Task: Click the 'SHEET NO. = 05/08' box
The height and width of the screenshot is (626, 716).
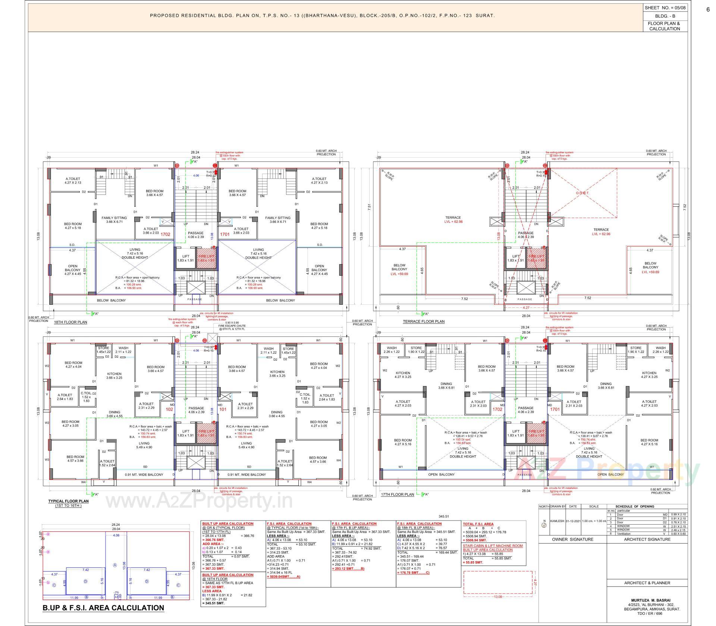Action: pos(665,7)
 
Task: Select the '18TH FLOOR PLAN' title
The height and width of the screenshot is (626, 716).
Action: pos(71,322)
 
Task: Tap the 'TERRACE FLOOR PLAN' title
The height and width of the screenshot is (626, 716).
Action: pos(424,321)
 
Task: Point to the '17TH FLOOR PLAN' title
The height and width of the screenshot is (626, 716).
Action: pos(397,494)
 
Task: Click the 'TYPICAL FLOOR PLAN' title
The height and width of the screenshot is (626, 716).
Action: pos(68,501)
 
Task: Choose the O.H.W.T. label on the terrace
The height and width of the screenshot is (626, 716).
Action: pos(582,193)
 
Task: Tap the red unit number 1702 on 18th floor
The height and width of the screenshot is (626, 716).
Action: pos(165,234)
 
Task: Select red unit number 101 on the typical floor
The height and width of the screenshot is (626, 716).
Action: pos(223,409)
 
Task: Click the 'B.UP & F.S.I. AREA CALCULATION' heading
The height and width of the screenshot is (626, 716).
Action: pos(103,608)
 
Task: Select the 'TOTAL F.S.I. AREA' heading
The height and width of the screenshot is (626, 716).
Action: pos(478,524)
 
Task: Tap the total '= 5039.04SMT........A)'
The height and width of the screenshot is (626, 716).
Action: pos(283,577)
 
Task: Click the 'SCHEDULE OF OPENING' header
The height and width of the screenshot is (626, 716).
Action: pos(635,506)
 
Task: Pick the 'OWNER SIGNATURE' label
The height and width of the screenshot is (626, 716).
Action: pos(572,539)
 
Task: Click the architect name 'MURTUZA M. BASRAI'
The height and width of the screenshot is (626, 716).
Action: pos(647,600)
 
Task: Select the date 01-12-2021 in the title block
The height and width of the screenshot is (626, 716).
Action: pos(573,521)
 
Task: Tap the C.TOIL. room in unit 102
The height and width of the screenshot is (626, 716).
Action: pos(87,397)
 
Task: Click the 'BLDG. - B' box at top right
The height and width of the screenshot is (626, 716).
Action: pos(665,16)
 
